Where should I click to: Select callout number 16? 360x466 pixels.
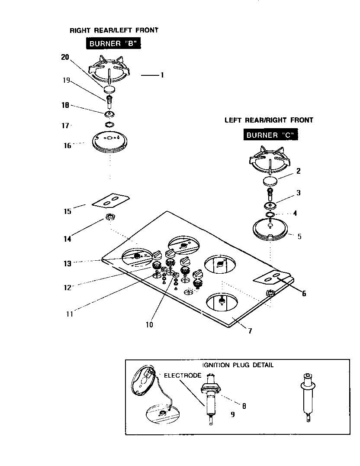[x=67, y=146]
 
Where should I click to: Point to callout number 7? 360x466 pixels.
[x=250, y=331]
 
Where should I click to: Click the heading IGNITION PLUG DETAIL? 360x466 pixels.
[x=238, y=365]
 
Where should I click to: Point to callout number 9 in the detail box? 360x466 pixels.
[x=233, y=414]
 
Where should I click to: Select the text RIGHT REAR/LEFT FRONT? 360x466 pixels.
[x=114, y=30]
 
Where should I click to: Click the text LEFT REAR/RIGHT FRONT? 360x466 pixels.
[x=269, y=120]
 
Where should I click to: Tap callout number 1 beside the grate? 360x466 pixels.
[x=162, y=75]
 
